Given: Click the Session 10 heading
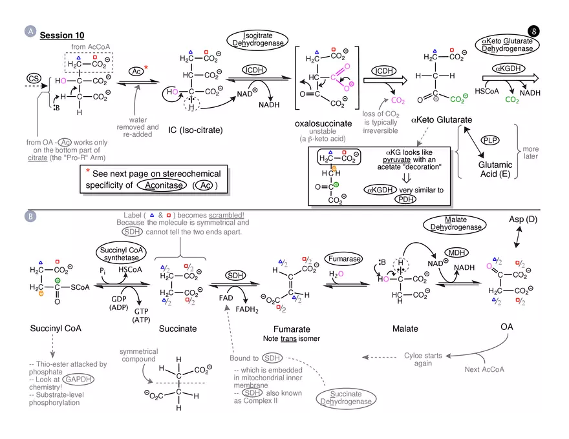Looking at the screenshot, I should (x=62, y=35).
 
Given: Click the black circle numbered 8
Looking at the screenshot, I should (x=533, y=30).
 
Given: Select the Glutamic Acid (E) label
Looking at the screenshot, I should (x=495, y=169).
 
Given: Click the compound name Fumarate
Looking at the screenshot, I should (x=292, y=329).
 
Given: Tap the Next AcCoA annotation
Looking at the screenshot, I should (x=483, y=369).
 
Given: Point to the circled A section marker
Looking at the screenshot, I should (x=29, y=30).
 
